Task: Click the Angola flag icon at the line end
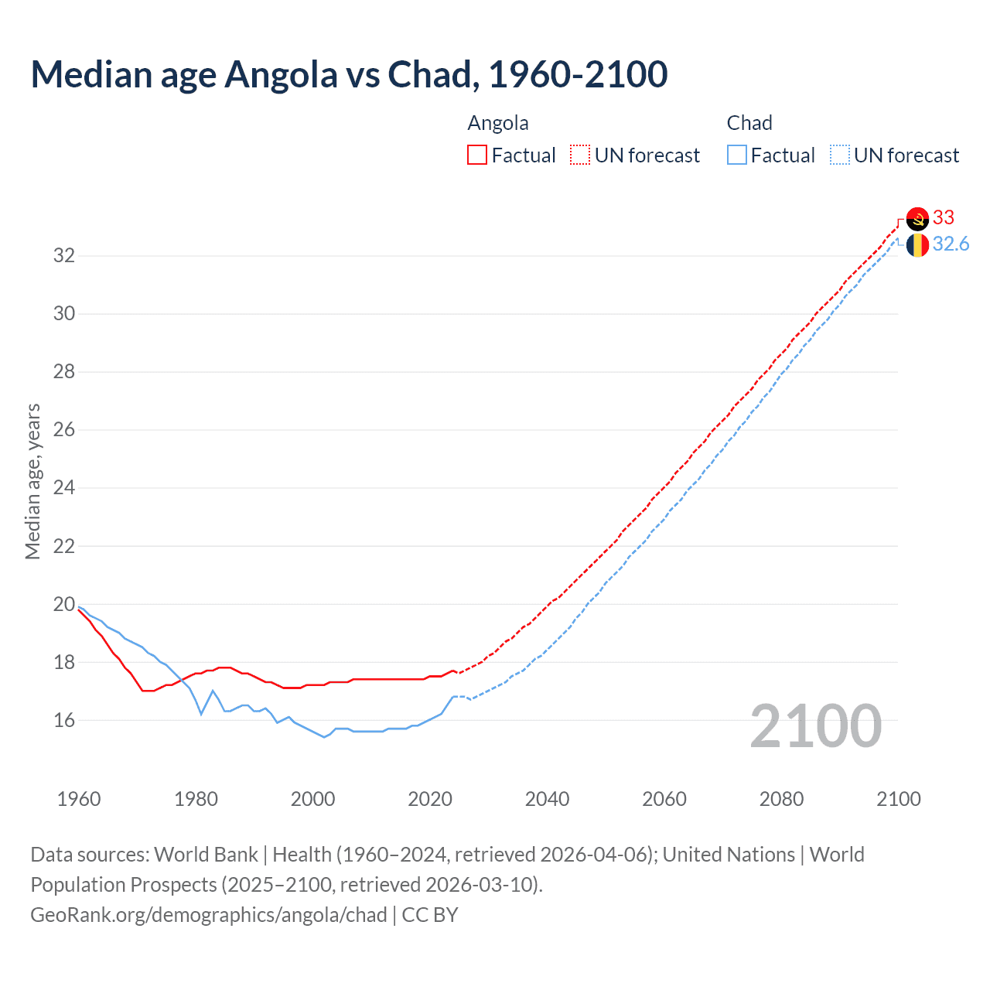[917, 219]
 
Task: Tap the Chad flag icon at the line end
[917, 245]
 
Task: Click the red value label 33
[944, 217]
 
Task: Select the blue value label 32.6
[951, 244]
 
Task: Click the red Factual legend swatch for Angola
[477, 155]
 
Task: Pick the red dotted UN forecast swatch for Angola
[580, 155]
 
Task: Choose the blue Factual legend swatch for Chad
[737, 155]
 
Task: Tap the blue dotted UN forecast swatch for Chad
[839, 155]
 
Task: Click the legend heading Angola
[498, 123]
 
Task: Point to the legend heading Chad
[749, 123]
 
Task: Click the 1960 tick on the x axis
[79, 799]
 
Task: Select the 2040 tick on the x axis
[547, 799]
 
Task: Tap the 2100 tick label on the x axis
[898, 799]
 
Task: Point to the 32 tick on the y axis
[64, 255]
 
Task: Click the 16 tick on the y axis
[64, 721]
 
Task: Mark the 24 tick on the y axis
[64, 488]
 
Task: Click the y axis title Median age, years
[32, 481]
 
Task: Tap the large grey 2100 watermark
[815, 725]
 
